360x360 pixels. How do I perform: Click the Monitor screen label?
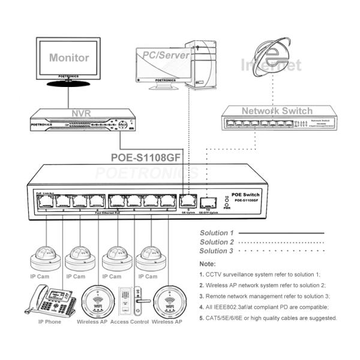pyautogui.click(x=69, y=58)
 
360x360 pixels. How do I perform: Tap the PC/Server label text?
pyautogui.click(x=166, y=55)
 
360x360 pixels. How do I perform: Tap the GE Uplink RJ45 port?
pyautogui.click(x=185, y=200)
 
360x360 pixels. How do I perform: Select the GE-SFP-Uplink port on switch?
pyautogui.click(x=208, y=201)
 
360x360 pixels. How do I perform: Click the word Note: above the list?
pyautogui.click(x=208, y=263)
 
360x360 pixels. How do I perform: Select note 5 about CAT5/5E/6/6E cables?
pyautogui.click(x=268, y=317)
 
